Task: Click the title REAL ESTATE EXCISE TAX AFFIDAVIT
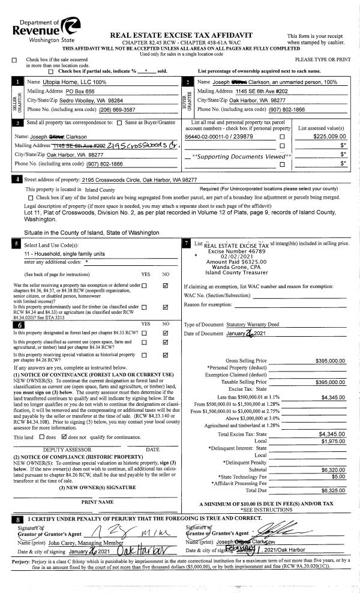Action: coord(182,35)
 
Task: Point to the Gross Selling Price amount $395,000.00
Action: coord(330,361)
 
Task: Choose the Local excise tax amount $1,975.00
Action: coord(332,442)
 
